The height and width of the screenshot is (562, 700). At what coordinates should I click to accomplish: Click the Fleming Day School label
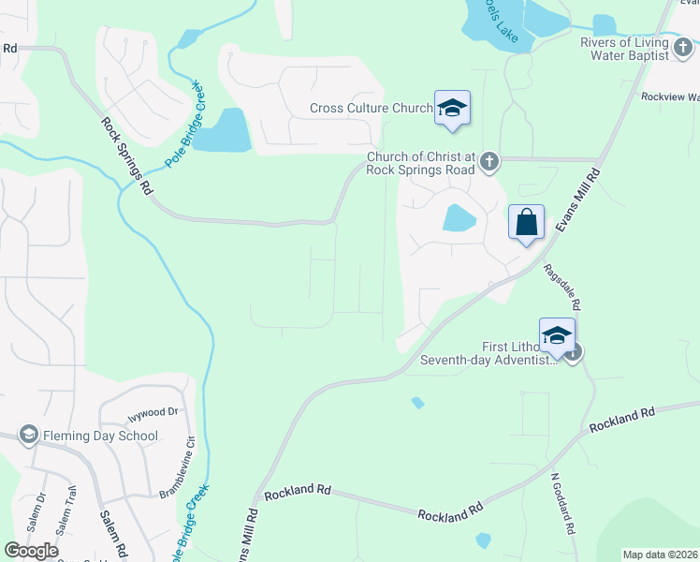(x=100, y=436)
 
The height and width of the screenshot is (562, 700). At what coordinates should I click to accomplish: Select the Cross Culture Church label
(x=371, y=109)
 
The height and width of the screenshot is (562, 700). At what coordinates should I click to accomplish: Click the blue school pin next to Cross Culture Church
(x=452, y=108)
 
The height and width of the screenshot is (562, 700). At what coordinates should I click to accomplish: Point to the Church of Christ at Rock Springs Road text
(x=421, y=163)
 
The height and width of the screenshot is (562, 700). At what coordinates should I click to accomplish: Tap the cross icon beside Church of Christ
(x=489, y=163)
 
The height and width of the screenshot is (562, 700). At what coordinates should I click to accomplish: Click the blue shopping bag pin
(x=527, y=223)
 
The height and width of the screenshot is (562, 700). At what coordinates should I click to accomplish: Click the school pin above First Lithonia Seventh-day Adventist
(x=557, y=335)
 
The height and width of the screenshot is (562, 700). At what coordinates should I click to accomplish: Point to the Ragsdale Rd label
(x=562, y=286)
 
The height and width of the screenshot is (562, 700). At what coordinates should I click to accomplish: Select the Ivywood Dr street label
(x=152, y=412)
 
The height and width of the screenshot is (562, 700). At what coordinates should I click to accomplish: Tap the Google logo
(x=32, y=550)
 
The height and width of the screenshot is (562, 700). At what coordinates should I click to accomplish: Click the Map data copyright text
(x=660, y=555)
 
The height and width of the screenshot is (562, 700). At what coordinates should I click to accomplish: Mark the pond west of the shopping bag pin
(x=459, y=218)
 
